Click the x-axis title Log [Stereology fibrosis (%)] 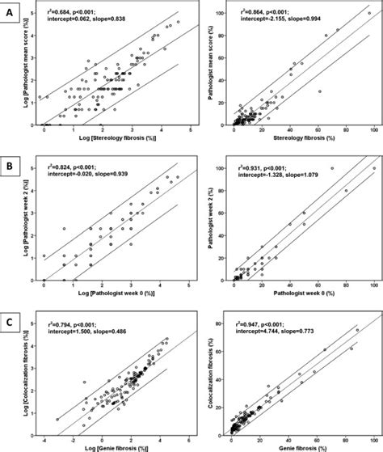[119, 140]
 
